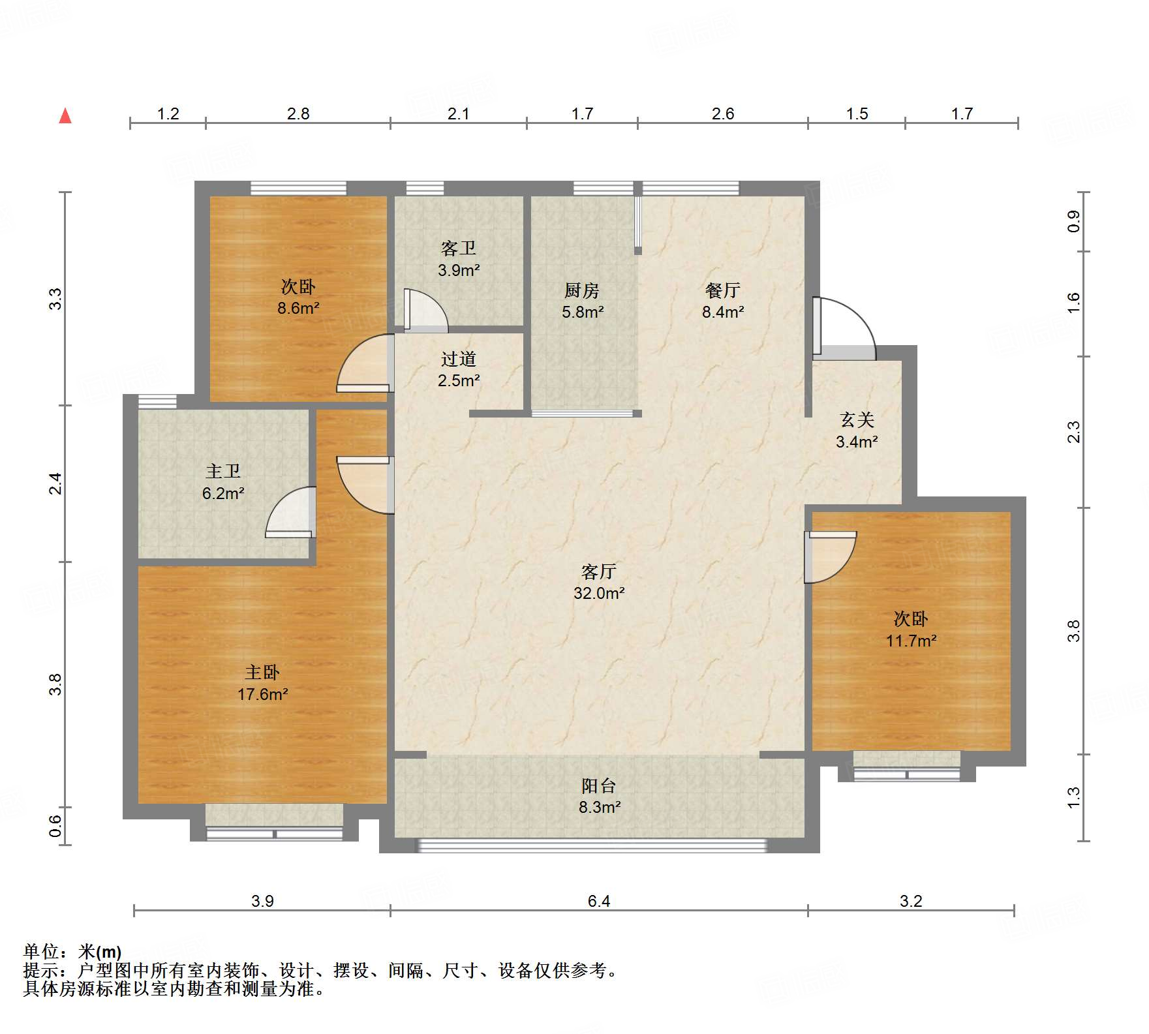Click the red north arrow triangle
(65, 116)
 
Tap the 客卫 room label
(459, 248)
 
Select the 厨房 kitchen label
(582, 290)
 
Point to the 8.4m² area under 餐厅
(723, 312)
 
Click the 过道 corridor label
(459, 359)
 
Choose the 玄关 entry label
(857, 419)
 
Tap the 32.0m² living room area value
(599, 593)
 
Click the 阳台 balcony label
(599, 785)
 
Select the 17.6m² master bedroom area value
(262, 694)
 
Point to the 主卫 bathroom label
(223, 471)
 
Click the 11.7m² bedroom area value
(911, 641)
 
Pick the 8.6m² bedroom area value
(298, 308)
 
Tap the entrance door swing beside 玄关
(844, 328)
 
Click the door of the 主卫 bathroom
(291, 513)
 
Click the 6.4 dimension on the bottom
(599, 901)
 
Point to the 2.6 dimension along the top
(723, 114)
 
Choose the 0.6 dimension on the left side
(56, 826)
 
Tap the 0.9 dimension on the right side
(1073, 222)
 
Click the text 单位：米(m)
(72, 952)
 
